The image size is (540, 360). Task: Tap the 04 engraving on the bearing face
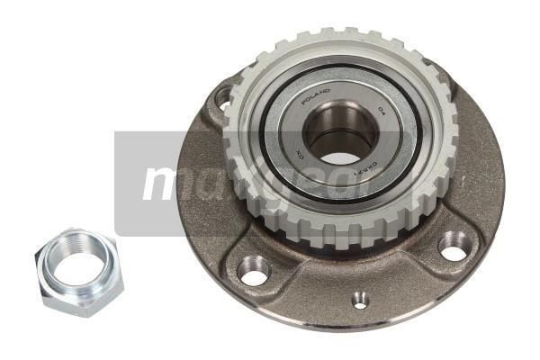point(382,112)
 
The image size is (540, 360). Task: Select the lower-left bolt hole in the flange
point(255,269)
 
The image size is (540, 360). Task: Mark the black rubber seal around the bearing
point(270,153)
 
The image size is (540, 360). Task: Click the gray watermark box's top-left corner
point(115,132)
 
